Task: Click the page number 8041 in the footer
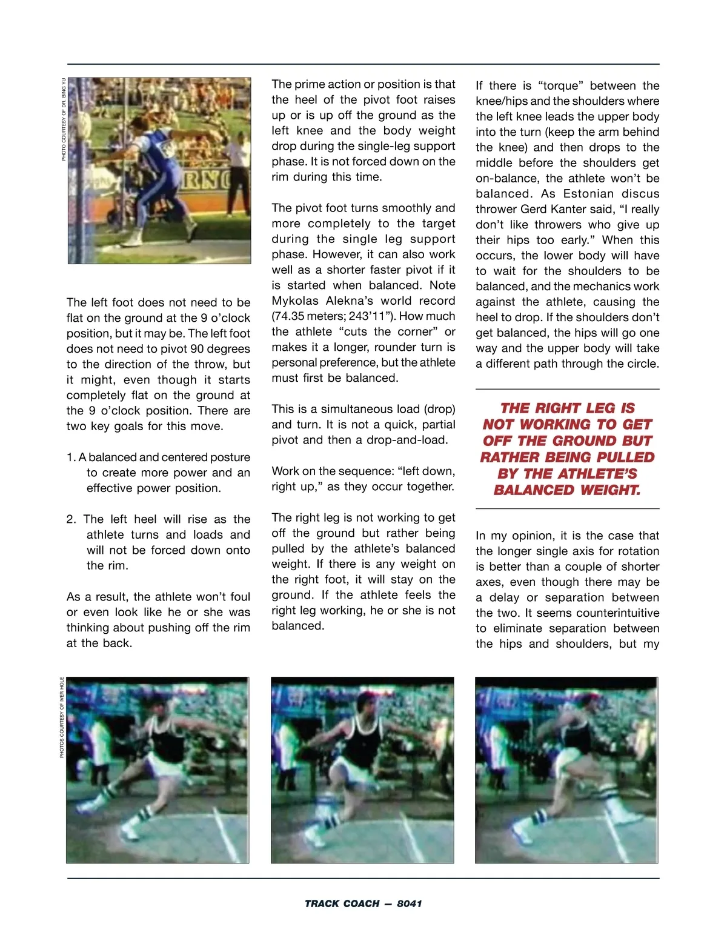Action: click(x=410, y=903)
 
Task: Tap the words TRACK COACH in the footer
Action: click(x=342, y=903)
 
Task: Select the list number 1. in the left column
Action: click(x=71, y=457)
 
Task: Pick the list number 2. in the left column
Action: click(x=71, y=519)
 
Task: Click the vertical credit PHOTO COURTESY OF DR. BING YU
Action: click(x=64, y=119)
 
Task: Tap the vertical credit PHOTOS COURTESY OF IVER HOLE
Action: click(x=62, y=717)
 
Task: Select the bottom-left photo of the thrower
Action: click(x=158, y=770)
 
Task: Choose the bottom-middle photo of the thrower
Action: click(x=362, y=770)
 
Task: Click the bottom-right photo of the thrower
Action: click(x=566, y=770)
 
